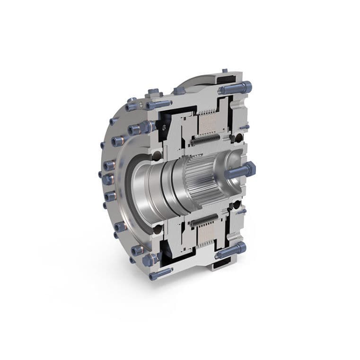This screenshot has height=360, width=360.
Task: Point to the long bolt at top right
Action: coord(235,88)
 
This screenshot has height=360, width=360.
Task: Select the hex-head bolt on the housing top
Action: coord(179,90)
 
